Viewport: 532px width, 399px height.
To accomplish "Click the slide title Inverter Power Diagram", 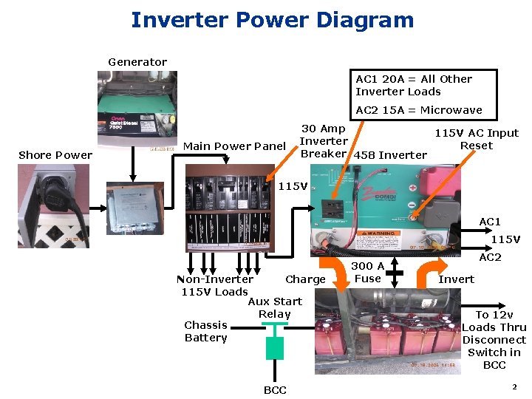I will [x=272, y=20].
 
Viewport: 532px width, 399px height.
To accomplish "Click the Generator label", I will [x=137, y=62].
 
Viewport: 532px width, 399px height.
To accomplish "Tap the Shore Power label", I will [x=55, y=155].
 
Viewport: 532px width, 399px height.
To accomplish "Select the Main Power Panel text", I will [x=233, y=146].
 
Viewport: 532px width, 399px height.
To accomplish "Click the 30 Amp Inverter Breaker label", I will [x=324, y=141].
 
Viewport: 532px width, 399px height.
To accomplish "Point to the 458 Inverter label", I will [x=391, y=155].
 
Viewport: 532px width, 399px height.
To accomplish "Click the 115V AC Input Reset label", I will [x=476, y=139].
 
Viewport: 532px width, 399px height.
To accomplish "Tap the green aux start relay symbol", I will [x=275, y=348].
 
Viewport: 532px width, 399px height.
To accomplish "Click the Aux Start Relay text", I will [x=275, y=307].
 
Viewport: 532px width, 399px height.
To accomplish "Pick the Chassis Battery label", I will [x=205, y=331].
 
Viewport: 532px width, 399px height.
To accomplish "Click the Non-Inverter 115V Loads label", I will [x=214, y=285].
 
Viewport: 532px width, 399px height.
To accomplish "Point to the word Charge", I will [x=305, y=279].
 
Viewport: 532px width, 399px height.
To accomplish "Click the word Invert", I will [x=457, y=279].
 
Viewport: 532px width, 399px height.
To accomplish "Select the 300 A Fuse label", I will [x=367, y=272].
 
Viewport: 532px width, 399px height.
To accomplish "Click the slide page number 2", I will [x=514, y=387].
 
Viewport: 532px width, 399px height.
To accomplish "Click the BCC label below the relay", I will [x=275, y=390].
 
